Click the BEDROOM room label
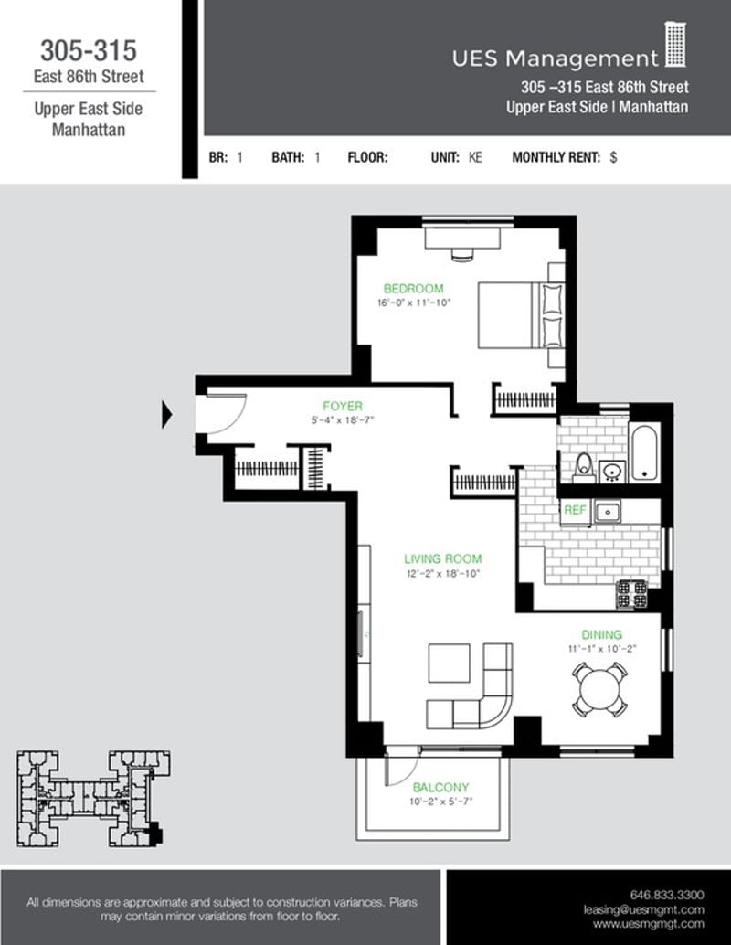413,289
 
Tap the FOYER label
342,406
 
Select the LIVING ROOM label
443,559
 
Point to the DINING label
601,634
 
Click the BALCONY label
440,788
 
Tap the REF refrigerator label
574,511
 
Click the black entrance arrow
167,415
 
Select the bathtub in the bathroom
644,451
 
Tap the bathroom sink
612,471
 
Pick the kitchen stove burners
631,595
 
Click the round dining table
599,689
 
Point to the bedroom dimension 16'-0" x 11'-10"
415,303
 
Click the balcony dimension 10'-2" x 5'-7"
440,802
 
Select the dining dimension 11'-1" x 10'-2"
601,649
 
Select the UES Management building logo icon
675,46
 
